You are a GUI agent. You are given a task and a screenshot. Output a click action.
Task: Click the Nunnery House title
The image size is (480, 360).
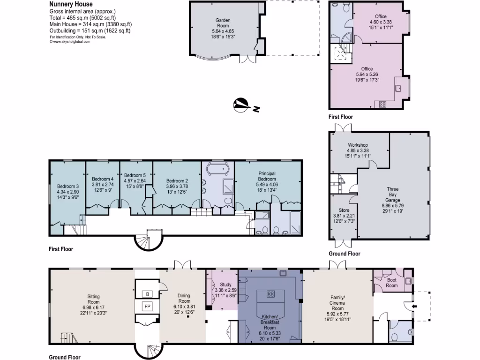click(x=71, y=4)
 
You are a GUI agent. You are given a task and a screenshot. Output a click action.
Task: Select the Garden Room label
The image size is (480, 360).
click(x=223, y=21)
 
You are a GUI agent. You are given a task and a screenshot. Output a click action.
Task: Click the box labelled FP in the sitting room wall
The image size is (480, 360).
click(x=147, y=307)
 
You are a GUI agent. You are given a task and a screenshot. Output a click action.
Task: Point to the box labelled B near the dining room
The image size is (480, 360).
click(x=147, y=294)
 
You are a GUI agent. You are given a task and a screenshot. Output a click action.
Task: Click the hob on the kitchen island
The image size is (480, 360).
click(x=270, y=294)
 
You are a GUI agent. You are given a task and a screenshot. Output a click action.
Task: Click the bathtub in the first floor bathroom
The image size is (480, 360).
click(x=218, y=168)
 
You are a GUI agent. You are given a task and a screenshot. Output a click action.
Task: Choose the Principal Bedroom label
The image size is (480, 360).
click(x=267, y=176)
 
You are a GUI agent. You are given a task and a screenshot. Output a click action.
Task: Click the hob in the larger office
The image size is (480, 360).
click(x=382, y=104)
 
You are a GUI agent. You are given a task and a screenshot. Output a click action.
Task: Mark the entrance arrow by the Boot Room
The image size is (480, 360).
click(x=413, y=307)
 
